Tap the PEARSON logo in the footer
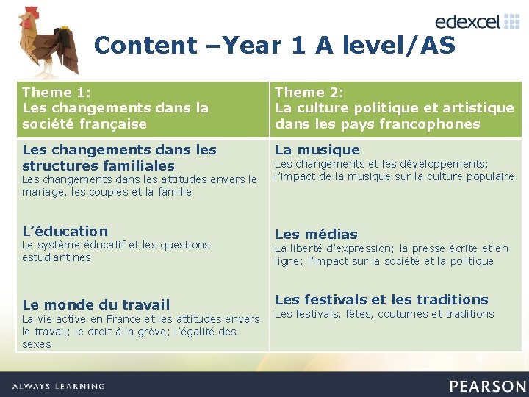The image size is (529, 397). (488, 386)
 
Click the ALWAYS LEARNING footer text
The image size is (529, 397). (59, 386)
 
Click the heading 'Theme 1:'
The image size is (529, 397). (57, 93)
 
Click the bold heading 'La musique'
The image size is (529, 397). (317, 150)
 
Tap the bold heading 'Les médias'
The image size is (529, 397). (316, 235)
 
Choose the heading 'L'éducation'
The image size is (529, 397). (65, 231)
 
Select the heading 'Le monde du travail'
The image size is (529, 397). (96, 304)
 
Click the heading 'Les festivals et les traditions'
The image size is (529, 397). (381, 299)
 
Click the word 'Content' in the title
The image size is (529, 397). (145, 46)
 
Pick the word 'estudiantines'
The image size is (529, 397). (57, 257)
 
